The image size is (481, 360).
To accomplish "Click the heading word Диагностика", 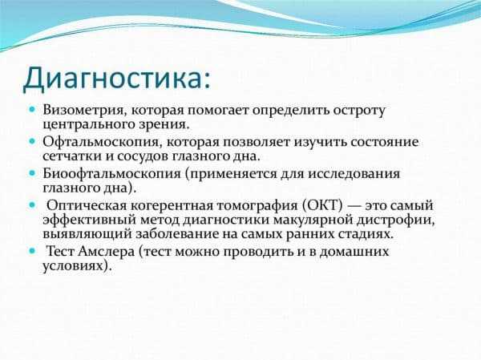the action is pos(114,77).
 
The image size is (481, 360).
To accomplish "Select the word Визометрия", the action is pos(83,111).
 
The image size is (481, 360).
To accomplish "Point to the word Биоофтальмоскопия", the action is pos(112,174).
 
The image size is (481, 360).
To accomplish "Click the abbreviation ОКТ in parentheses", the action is pos(322,205).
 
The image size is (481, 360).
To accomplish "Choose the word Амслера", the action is pos(106,252).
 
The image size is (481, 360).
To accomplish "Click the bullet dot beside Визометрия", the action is pos(32,109).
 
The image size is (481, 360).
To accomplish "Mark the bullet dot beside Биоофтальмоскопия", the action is pos(32,173).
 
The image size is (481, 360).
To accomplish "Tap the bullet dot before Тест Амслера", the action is pos(32,251).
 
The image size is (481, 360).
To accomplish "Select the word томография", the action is pos(257,206).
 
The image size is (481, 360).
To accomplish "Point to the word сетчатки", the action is pos(72,156).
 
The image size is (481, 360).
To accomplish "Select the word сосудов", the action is pos(143,157).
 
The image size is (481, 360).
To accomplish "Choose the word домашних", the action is pos(354,252).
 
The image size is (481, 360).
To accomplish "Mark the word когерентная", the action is pos(172,206).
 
